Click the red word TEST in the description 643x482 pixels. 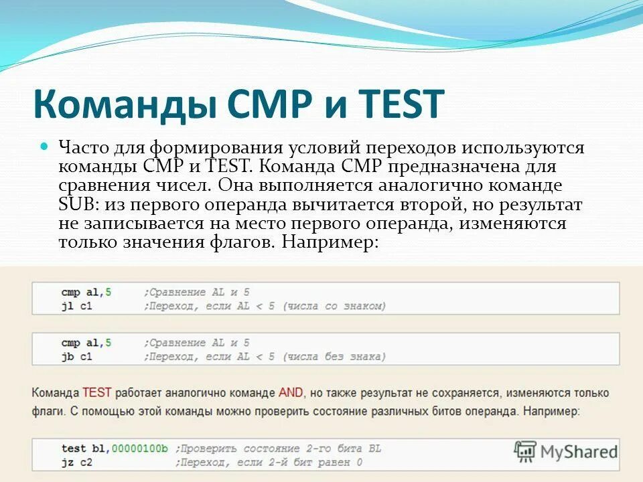pyautogui.click(x=96, y=392)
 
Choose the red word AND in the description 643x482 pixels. pyautogui.click(x=291, y=392)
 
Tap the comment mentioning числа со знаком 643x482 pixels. pyautogui.click(x=265, y=306)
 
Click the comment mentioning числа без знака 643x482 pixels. pyautogui.click(x=265, y=357)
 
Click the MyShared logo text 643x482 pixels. pyautogui.click(x=579, y=452)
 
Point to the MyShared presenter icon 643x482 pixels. pyautogui.click(x=526, y=452)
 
